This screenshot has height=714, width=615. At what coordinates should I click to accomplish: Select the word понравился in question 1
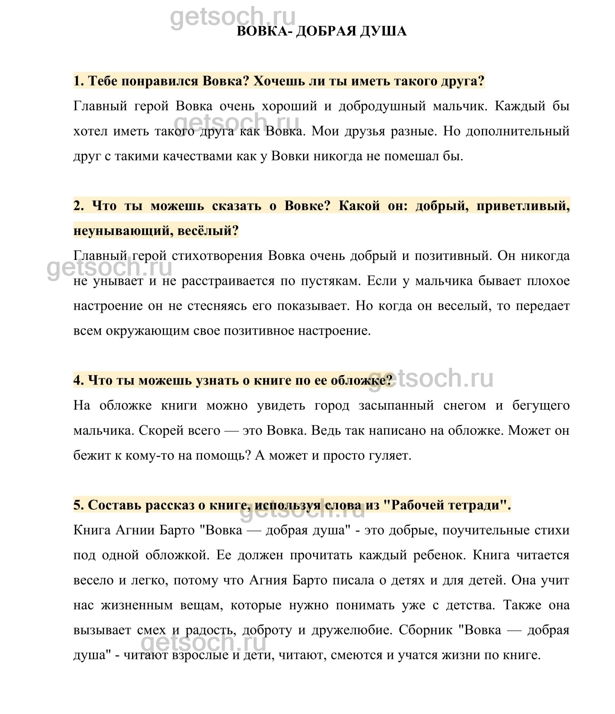(x=161, y=81)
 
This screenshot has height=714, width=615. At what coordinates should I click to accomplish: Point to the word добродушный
(x=382, y=106)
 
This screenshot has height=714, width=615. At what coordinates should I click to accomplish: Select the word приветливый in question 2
(x=523, y=206)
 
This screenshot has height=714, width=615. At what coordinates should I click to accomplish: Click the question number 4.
(x=78, y=380)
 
